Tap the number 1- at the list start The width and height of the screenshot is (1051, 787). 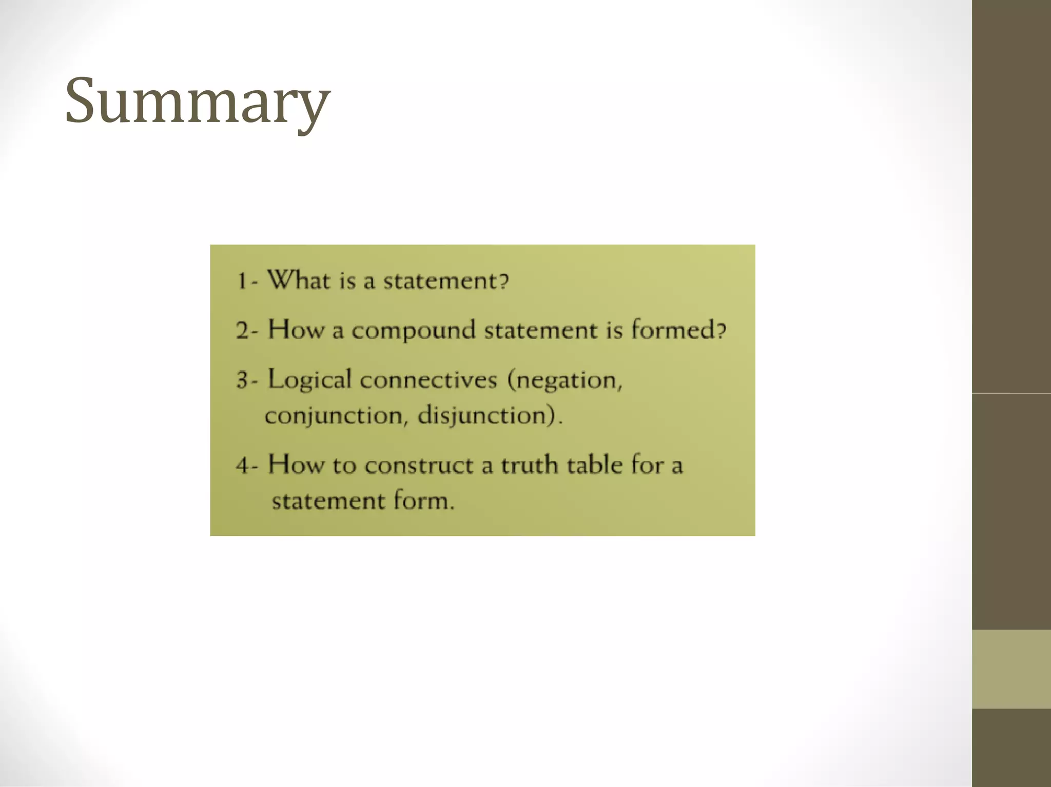click(247, 281)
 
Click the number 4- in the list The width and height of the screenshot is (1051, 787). click(246, 466)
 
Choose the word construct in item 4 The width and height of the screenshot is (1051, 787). click(419, 466)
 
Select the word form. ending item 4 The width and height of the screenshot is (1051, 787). click(424, 500)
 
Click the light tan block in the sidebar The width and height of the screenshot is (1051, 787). click(1011, 669)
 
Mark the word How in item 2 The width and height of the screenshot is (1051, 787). click(296, 330)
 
